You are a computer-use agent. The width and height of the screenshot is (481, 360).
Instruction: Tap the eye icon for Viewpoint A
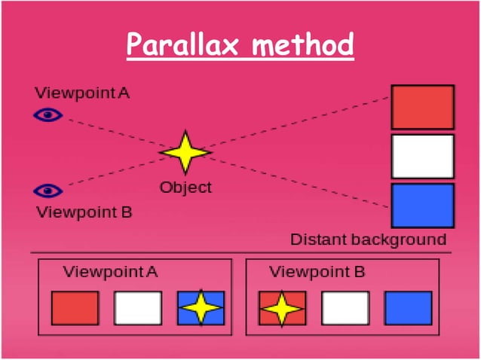(x=49, y=115)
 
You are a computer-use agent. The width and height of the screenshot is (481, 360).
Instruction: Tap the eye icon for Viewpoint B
(x=49, y=190)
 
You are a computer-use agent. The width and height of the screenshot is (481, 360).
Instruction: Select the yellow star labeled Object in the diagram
(x=185, y=152)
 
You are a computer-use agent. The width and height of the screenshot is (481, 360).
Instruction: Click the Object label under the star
(x=185, y=187)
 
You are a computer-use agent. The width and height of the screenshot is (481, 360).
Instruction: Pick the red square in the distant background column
(x=422, y=107)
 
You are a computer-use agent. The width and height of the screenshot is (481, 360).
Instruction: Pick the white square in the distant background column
(x=422, y=156)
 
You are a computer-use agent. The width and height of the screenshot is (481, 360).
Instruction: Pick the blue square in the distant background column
(x=422, y=205)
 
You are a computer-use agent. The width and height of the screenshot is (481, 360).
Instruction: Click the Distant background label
(x=369, y=240)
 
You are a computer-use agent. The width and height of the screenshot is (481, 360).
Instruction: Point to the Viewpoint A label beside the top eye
(x=82, y=93)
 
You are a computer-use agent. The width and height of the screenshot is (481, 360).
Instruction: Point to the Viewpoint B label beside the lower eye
(x=84, y=212)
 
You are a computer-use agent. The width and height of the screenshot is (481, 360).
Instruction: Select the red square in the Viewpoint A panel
(x=75, y=308)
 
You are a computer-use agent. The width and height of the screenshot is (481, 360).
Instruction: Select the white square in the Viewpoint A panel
(x=138, y=308)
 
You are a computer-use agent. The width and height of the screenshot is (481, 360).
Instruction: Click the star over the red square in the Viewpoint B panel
(x=282, y=308)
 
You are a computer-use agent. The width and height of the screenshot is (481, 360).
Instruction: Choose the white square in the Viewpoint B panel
(x=345, y=308)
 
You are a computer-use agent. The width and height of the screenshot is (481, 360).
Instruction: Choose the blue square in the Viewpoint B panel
(x=408, y=308)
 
